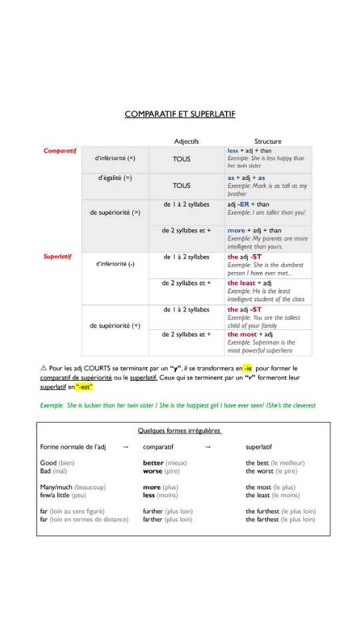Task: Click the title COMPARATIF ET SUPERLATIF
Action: pyautogui.click(x=180, y=114)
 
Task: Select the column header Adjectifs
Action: pyautogui.click(x=187, y=141)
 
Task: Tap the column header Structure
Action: pyautogui.click(x=267, y=141)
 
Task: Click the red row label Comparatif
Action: pyautogui.click(x=60, y=151)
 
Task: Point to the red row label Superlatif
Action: pyautogui.click(x=58, y=256)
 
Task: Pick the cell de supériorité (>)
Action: pyautogui.click(x=115, y=213)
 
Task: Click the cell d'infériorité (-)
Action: pyautogui.click(x=115, y=264)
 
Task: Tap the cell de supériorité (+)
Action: pyautogui.click(x=115, y=326)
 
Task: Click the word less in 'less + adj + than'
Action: pyautogui.click(x=233, y=151)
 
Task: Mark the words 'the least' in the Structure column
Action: pyautogui.click(x=241, y=283)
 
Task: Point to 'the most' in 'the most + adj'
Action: pyautogui.click(x=242, y=334)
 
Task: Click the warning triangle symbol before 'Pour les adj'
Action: pyautogui.click(x=43, y=368)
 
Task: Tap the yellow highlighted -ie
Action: pyautogui.click(x=247, y=368)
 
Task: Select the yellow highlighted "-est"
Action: pyautogui.click(x=84, y=387)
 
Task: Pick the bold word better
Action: pyautogui.click(x=153, y=463)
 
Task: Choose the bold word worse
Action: pyautogui.click(x=153, y=471)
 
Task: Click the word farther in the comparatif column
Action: pyautogui.click(x=153, y=519)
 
